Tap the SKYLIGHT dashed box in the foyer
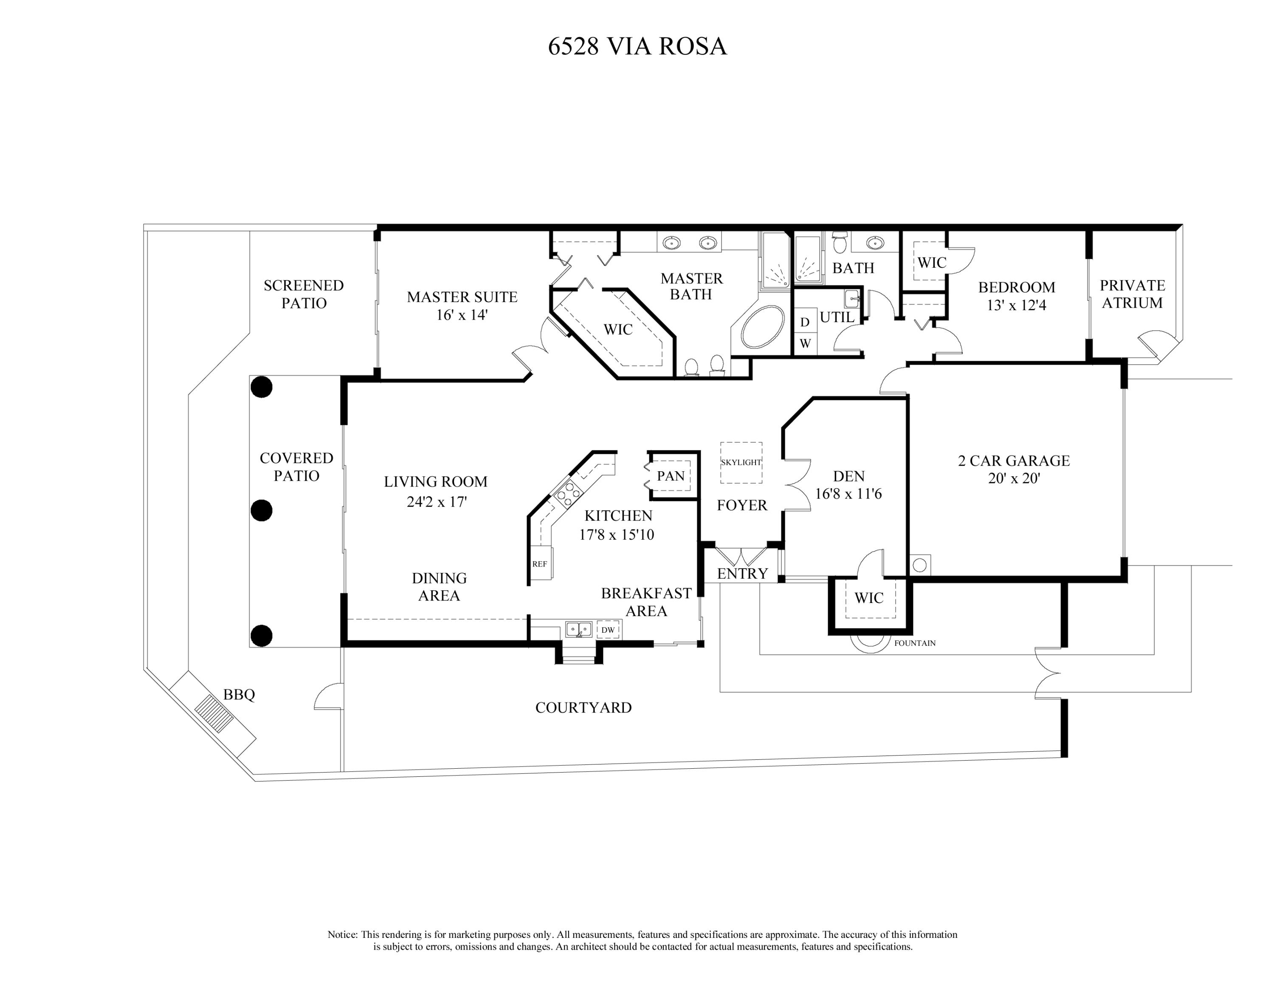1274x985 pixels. click(x=741, y=463)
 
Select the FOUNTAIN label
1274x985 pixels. click(x=915, y=643)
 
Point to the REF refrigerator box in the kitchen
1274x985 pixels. click(x=540, y=564)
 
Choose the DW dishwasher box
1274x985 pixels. click(x=608, y=630)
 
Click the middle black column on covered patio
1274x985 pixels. click(x=261, y=511)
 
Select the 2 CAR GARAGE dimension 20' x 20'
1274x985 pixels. click(x=1014, y=478)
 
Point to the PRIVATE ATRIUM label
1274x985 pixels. click(x=1132, y=294)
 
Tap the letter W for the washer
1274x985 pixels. click(x=805, y=344)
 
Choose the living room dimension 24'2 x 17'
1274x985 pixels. click(x=436, y=502)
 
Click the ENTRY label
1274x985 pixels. click(x=742, y=574)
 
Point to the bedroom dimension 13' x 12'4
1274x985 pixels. click(x=1016, y=305)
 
